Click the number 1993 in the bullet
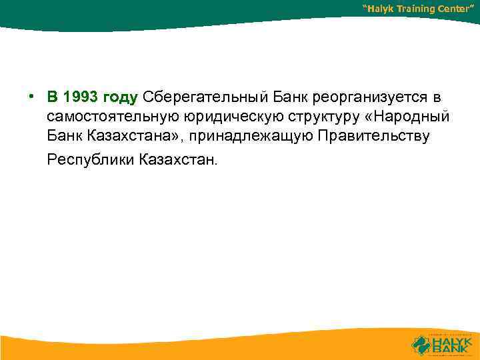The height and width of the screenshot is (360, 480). (x=81, y=97)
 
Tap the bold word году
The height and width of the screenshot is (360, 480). (x=120, y=98)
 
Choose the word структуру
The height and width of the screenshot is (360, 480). (x=299, y=117)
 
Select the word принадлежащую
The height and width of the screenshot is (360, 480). (x=249, y=137)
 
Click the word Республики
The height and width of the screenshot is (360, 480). (x=91, y=161)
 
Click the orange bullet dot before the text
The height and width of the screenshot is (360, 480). (x=31, y=95)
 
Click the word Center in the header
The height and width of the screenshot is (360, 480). (x=461, y=9)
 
